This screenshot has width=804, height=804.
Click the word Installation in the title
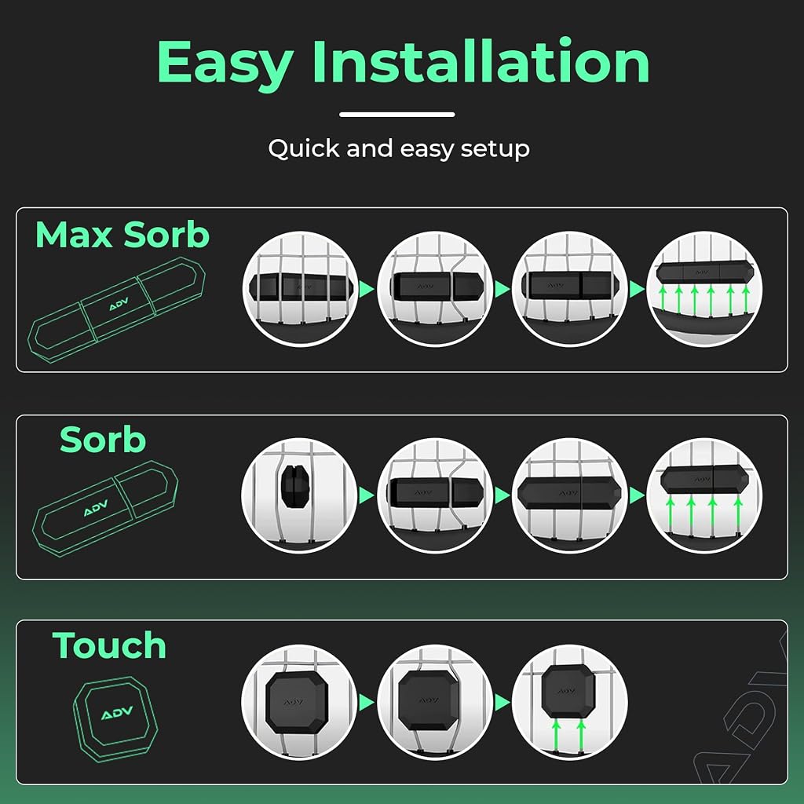481,60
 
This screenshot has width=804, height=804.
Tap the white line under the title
397,115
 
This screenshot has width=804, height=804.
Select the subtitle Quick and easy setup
399,149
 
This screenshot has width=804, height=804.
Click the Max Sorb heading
122,235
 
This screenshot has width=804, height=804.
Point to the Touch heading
109,645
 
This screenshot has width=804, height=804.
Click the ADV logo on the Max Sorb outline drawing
119,304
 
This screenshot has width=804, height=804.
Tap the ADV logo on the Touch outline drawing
117,712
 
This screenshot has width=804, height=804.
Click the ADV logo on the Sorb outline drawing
96,508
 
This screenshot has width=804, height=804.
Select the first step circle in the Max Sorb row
300,289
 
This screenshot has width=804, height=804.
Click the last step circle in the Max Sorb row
704,289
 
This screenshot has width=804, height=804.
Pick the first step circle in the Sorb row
299,495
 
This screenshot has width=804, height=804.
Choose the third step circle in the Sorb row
570,495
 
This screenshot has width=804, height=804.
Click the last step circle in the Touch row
570,702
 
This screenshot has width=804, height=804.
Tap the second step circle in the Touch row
435,702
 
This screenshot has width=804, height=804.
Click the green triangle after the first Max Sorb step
367,289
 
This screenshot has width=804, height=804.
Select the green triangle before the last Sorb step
637,495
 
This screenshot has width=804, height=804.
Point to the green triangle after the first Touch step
367,702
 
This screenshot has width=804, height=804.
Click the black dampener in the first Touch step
297,702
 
